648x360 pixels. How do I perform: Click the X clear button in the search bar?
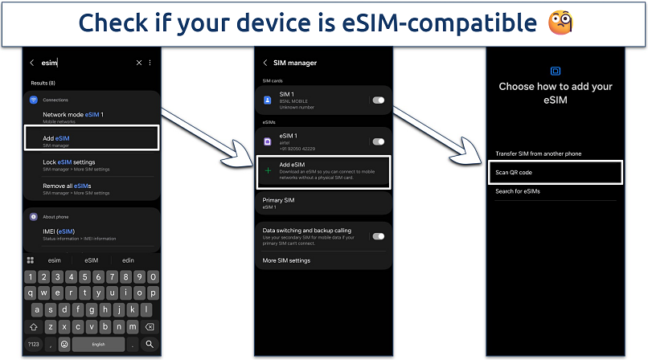(x=138, y=62)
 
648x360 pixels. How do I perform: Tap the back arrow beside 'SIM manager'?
(x=265, y=63)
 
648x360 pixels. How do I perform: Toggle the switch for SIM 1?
(x=378, y=100)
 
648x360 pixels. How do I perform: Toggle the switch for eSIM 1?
(x=378, y=141)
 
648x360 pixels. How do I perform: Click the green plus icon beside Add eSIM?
(x=269, y=170)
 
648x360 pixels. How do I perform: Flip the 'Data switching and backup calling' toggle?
(x=378, y=236)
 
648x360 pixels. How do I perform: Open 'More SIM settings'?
(x=286, y=260)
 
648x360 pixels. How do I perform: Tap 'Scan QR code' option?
(x=514, y=173)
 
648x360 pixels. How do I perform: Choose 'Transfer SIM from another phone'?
(x=538, y=153)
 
